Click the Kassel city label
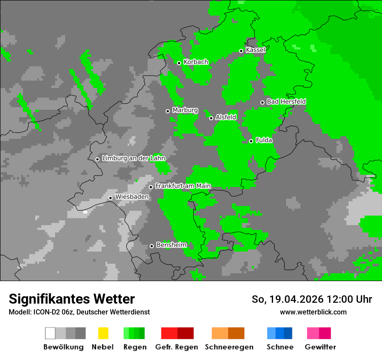255,50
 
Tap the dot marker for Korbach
179,63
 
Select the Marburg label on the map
185,110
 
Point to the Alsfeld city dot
211,118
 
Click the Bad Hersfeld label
286,101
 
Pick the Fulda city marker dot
251,141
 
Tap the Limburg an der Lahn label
133,158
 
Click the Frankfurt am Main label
183,186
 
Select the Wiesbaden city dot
110,198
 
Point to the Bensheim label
171,245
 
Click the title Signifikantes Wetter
72,299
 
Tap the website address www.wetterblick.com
313,312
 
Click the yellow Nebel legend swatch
103,333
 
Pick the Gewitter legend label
320,347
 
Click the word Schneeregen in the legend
229,347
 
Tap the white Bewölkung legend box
50,333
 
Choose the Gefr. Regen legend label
177,347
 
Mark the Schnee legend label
280,347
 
